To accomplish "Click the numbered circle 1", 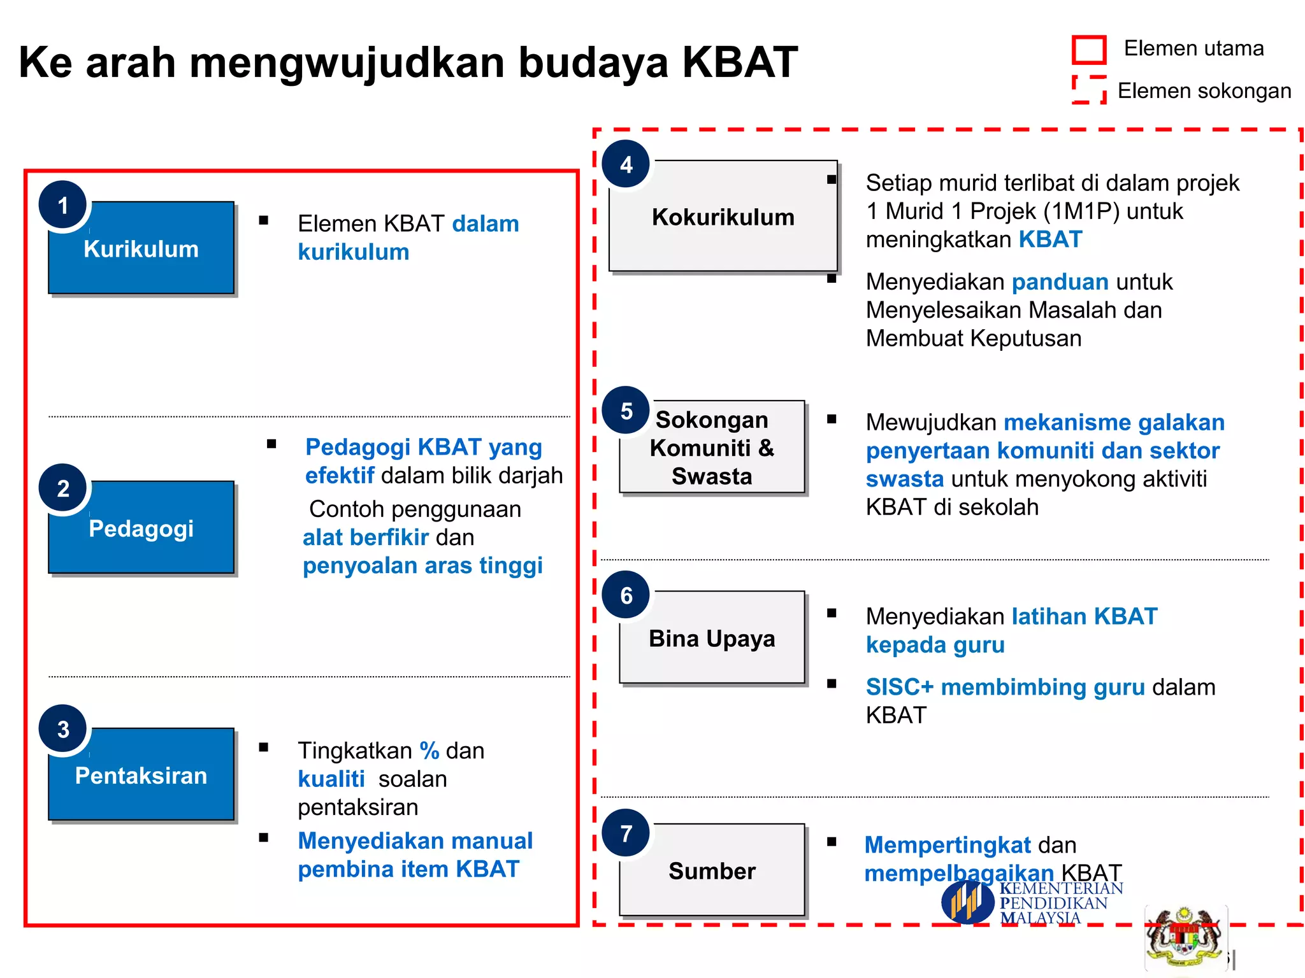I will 63,206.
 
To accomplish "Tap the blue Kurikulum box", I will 141,248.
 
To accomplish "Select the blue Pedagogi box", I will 141,528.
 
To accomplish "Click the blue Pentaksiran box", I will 141,775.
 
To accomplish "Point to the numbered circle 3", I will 63,729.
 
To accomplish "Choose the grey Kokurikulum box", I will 723,216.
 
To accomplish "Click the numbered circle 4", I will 626,165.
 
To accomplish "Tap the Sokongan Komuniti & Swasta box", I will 712,448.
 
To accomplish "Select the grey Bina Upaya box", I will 712,638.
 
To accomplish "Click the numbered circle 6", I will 626,595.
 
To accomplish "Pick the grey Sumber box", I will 712,870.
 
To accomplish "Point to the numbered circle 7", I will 626,833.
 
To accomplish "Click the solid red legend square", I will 1089,50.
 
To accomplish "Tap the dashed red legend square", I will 1089,90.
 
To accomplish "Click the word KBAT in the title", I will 739,62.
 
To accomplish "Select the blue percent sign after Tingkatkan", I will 429,751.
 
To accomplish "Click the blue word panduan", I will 1060,281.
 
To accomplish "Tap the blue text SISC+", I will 899,687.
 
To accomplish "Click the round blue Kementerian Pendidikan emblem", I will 967,902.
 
